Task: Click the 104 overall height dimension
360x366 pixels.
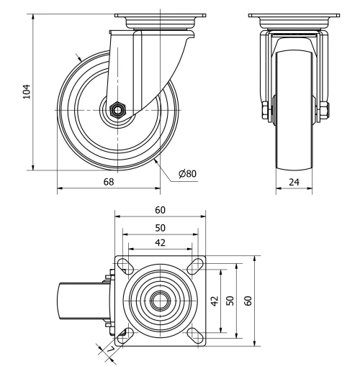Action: pyautogui.click(x=27, y=91)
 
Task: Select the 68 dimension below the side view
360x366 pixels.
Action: pyautogui.click(x=109, y=182)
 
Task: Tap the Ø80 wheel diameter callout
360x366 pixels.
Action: pyautogui.click(x=186, y=173)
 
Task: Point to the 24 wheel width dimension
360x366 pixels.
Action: pyautogui.click(x=294, y=182)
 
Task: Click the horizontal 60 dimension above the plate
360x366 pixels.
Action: pyautogui.click(x=160, y=210)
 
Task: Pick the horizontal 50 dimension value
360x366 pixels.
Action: pyautogui.click(x=160, y=227)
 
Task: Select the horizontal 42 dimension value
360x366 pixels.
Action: pyautogui.click(x=160, y=242)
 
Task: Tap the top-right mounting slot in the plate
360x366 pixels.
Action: pyautogui.click(x=194, y=264)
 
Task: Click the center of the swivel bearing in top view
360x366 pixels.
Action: pyautogui.click(x=160, y=298)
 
